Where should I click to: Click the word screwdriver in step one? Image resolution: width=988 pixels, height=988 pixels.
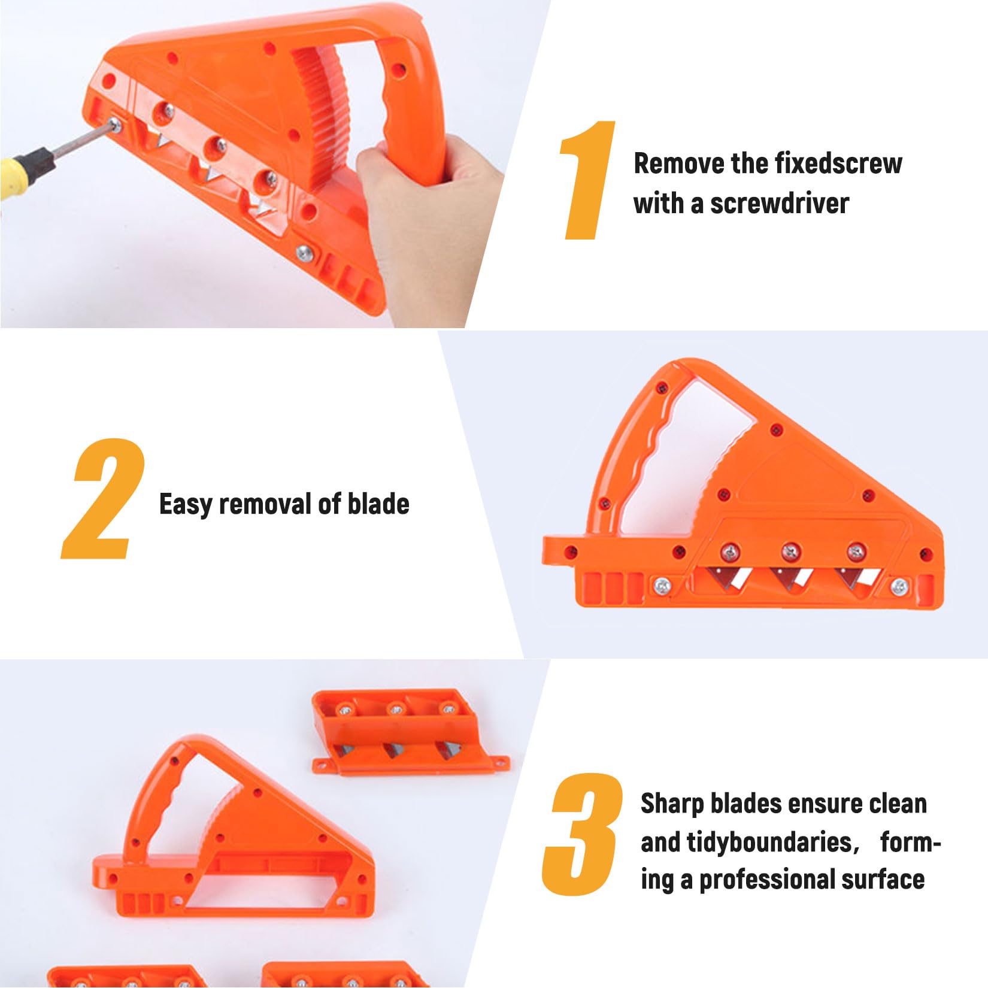780,204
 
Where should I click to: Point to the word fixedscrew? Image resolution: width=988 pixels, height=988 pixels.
838,163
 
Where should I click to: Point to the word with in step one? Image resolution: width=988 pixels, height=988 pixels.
659,204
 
